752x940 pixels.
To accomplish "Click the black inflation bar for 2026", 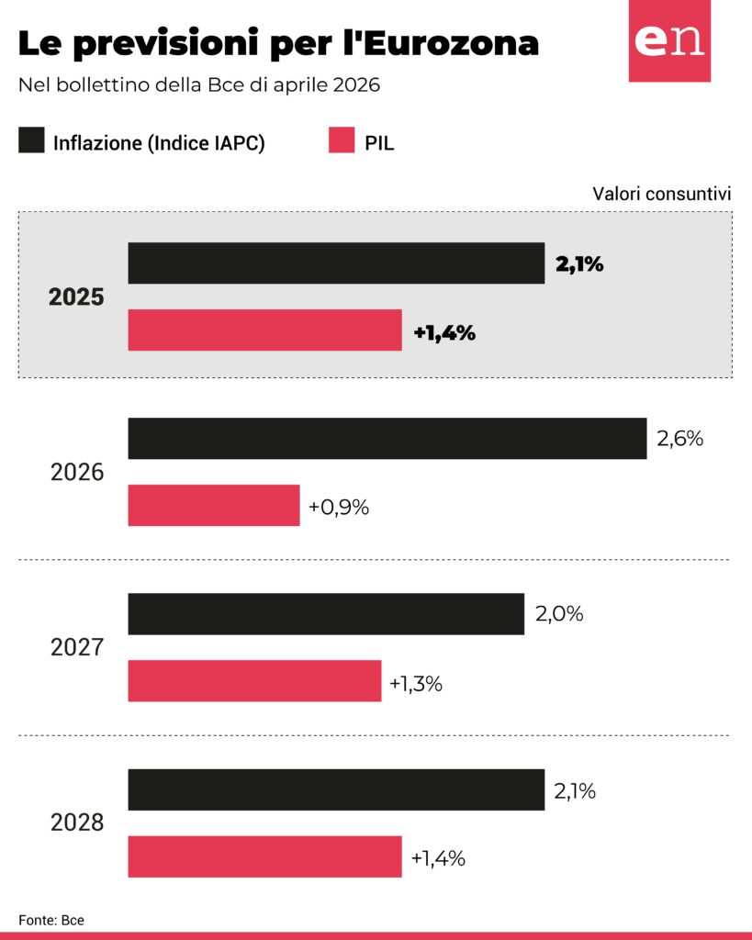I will [387, 439].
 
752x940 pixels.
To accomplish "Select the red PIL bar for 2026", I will [213, 506].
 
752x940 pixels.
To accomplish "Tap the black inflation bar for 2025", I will [336, 263].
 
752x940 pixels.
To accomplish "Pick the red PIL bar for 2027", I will [254, 681].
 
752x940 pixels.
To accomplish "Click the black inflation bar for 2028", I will [336, 789].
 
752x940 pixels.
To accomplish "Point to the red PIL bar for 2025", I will [264, 330].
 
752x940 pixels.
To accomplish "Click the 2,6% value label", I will [679, 439].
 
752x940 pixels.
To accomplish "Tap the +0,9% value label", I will [339, 507].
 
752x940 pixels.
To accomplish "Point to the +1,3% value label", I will [416, 683].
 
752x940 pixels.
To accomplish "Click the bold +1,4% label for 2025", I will [444, 332].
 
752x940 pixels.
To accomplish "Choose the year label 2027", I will [77, 647].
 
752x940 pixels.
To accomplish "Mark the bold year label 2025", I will [77, 297].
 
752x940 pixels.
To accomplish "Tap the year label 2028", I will [77, 822].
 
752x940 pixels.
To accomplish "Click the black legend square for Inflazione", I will [31, 141].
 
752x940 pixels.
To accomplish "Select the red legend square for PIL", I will [341, 141].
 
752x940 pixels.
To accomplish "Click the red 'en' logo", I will [669, 41].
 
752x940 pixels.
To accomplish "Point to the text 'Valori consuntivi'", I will [661, 194].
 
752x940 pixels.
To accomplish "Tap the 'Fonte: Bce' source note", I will [45, 920].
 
